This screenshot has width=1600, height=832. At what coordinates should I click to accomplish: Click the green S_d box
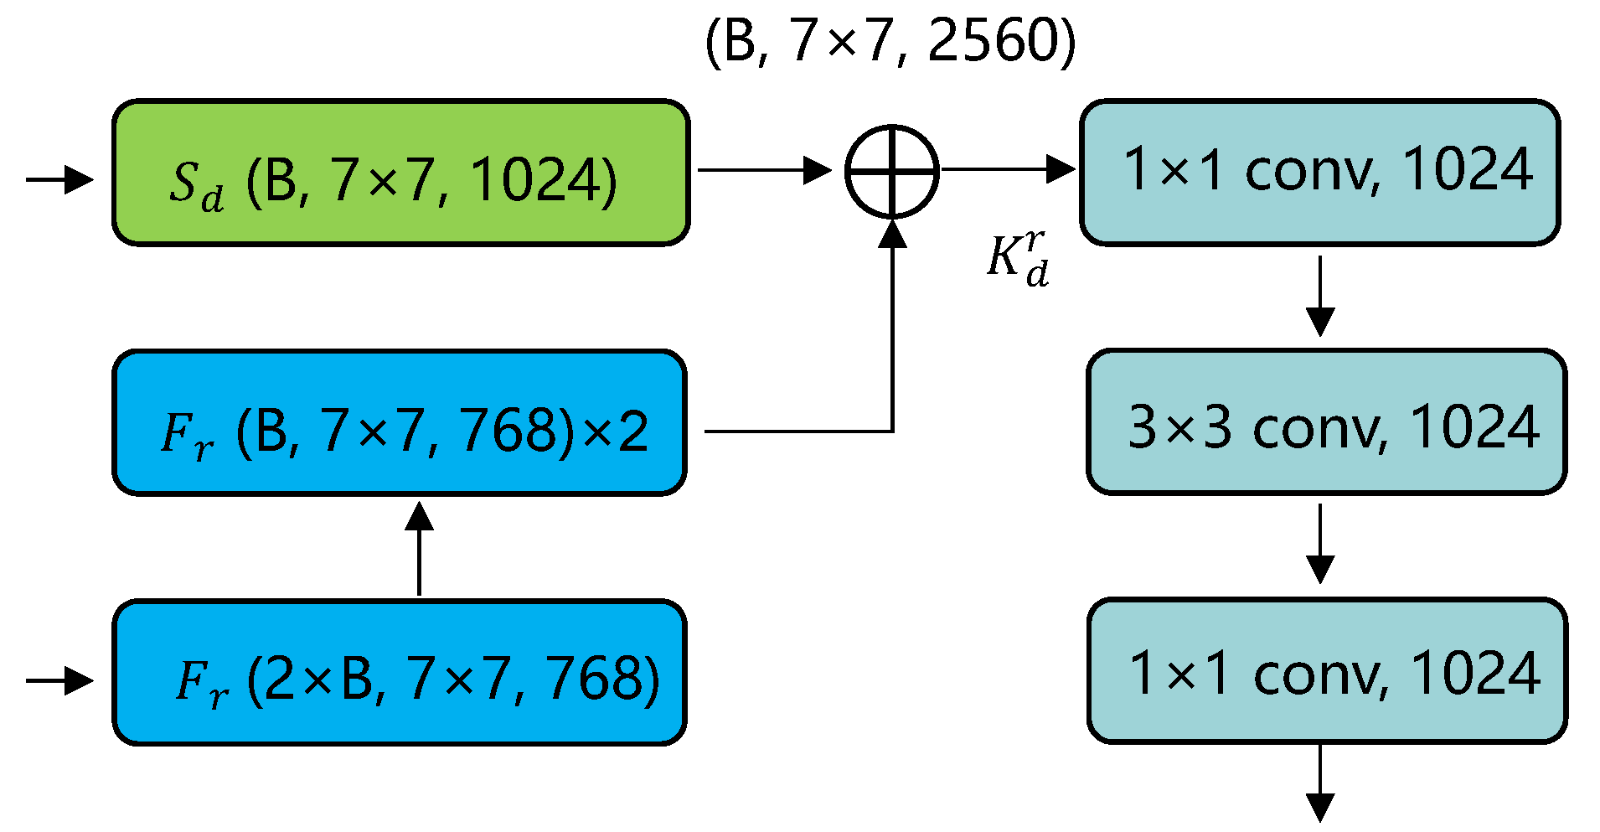coord(400,173)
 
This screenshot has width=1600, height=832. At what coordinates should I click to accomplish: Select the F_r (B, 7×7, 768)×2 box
coord(399,423)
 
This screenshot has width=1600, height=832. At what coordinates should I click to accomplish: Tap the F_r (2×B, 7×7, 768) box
coord(399,672)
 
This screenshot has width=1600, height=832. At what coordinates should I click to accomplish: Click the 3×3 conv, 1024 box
coord(1326,422)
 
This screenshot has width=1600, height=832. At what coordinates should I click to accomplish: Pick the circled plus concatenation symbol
coord(892,171)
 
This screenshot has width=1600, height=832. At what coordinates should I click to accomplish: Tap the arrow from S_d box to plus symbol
coord(762,170)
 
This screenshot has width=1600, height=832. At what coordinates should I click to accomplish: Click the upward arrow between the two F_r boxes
coord(419,549)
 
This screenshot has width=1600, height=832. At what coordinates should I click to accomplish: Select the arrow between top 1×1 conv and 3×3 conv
coord(1320,295)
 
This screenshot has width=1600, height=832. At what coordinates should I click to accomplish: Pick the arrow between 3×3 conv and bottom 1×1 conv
coord(1320,543)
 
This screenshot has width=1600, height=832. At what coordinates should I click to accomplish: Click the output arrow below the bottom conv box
coord(1320,783)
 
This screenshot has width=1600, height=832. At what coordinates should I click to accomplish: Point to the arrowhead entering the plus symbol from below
coord(893,234)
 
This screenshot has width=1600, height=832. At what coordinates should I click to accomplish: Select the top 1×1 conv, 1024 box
coord(1319,173)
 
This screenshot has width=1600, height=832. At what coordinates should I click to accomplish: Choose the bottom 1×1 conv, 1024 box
coord(1327,671)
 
